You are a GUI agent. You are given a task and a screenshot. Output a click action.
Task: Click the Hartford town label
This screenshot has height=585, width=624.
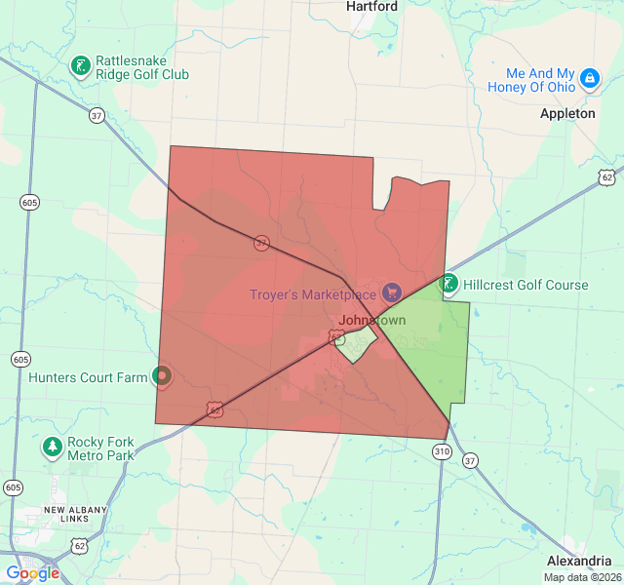pos(372,7)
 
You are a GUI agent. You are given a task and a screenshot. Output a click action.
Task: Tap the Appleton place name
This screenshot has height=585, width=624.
pos(567,114)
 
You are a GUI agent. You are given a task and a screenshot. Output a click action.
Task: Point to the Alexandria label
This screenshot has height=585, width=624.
pos(578,562)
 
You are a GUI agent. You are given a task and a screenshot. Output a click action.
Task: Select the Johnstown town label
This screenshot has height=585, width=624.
pos(371,320)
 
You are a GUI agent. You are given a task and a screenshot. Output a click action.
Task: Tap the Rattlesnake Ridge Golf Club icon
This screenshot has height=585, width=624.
pos(81,66)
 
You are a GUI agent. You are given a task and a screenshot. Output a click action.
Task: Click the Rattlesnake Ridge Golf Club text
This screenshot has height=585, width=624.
pos(142,67)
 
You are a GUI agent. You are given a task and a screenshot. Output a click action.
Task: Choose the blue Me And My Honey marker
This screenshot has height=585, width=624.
pos(589,78)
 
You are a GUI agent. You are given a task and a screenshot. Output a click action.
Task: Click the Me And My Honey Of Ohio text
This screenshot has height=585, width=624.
pos(540,80)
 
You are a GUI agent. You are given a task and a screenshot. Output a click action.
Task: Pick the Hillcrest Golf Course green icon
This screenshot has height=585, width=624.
pos(448,284)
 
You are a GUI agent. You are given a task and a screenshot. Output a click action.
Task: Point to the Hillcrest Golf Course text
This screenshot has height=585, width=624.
pos(526,286)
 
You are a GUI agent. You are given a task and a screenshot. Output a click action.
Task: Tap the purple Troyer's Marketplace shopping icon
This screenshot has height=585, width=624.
pos(391,292)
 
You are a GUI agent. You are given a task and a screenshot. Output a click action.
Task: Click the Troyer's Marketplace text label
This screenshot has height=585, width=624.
pos(312,294)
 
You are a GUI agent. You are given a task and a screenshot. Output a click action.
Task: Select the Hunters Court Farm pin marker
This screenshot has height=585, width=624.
pos(163,374)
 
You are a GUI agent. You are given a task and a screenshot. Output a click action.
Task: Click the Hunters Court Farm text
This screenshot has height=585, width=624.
pos(88,377)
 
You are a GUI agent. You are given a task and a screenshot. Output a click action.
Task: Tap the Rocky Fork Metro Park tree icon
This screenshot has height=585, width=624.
pos(52,447)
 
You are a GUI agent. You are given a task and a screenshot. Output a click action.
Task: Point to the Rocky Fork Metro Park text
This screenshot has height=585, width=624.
pos(100,448)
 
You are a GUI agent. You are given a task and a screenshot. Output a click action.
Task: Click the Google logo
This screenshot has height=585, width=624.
pos(32,573)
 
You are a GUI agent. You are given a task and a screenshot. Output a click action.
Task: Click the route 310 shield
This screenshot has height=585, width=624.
pos(442,451)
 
